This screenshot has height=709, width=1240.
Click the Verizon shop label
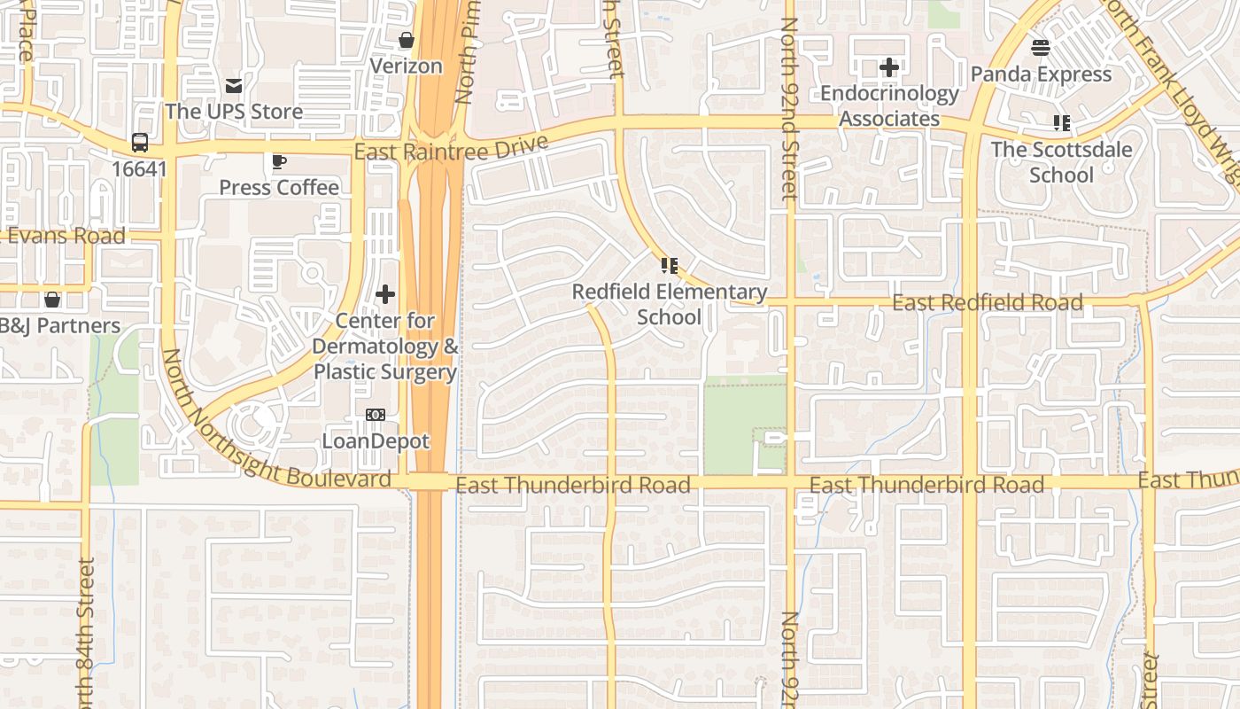pos(406,66)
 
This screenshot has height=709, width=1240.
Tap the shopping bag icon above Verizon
pos(407,40)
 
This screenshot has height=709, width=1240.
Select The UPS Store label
pos(234,112)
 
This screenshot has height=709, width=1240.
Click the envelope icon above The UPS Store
pos(234,86)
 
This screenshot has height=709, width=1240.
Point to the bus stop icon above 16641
pos(140,142)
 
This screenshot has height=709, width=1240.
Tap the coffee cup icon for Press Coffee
pos(279,161)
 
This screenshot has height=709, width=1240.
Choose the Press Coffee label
pos(279,187)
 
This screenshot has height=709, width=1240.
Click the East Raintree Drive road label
pos(451,147)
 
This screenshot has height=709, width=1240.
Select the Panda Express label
pos(1041,74)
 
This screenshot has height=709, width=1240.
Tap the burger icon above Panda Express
pos(1041,48)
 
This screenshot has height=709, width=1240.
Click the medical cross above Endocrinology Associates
pos(889,67)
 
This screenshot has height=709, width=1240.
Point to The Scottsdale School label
pos(1061,161)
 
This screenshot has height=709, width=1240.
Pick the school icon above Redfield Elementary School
pos(670,265)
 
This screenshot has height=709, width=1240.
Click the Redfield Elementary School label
pos(670,304)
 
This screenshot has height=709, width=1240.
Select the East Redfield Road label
pos(987,303)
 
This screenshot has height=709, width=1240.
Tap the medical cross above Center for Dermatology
pos(385,294)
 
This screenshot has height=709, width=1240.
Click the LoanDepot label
pos(376,440)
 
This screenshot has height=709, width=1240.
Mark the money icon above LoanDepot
pos(376,415)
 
